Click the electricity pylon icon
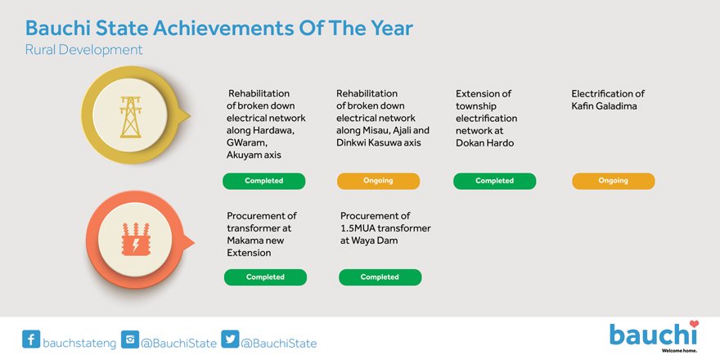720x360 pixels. pyautogui.click(x=131, y=117)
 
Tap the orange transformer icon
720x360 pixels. pyautogui.click(x=136, y=239)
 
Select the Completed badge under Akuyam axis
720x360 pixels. pyautogui.click(x=264, y=181)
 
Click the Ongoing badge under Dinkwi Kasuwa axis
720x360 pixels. pyautogui.click(x=378, y=181)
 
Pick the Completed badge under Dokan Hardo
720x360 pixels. pyautogui.click(x=494, y=181)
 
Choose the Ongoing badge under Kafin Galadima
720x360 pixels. pyautogui.click(x=614, y=181)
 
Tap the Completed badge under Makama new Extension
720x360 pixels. pyautogui.click(x=265, y=277)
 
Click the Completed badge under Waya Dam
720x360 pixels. pyautogui.click(x=380, y=277)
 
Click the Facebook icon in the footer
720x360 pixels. pyautogui.click(x=31, y=340)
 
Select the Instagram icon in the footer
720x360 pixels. pyautogui.click(x=130, y=340)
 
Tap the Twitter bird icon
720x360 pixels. pyautogui.click(x=230, y=340)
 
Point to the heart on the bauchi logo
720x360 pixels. pyautogui.click(x=694, y=324)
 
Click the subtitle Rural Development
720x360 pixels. pyautogui.click(x=84, y=50)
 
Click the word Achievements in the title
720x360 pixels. pyautogui.click(x=223, y=28)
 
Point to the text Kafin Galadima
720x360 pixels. pyautogui.click(x=604, y=106)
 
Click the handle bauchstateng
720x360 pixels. pyautogui.click(x=79, y=343)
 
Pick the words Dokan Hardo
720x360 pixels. pyautogui.click(x=485, y=143)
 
